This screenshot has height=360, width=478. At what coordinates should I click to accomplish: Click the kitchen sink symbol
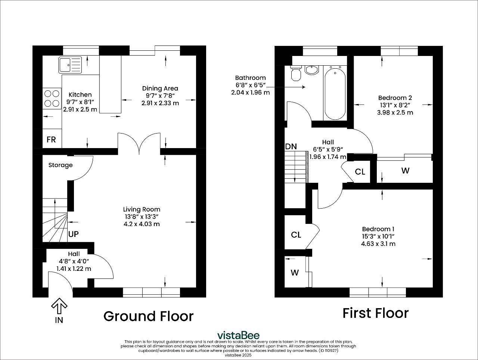70,65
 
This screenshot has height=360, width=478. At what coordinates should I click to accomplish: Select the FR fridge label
51,140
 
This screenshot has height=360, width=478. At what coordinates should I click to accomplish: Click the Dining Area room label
160,88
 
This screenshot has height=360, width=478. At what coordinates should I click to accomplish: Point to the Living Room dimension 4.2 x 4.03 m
142,224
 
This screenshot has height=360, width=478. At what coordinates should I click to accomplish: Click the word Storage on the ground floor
60,165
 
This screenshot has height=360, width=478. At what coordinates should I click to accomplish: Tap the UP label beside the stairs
74,234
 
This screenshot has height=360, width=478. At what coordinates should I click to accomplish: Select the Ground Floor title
148,316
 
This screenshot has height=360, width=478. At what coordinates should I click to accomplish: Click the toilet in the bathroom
296,73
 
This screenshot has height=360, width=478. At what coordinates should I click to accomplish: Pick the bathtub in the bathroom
335,93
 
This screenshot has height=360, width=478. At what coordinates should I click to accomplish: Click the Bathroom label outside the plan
251,78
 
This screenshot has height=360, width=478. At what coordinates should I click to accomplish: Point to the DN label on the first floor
291,147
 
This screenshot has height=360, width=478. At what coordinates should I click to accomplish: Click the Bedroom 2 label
395,98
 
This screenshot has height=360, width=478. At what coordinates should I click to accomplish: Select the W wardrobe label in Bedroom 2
405,170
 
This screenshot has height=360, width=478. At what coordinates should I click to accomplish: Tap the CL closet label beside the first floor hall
360,172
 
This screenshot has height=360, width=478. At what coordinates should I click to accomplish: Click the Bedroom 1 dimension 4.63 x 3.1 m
378,244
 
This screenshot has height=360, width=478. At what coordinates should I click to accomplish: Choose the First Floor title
376,313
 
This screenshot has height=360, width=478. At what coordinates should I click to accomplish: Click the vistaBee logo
239,335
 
